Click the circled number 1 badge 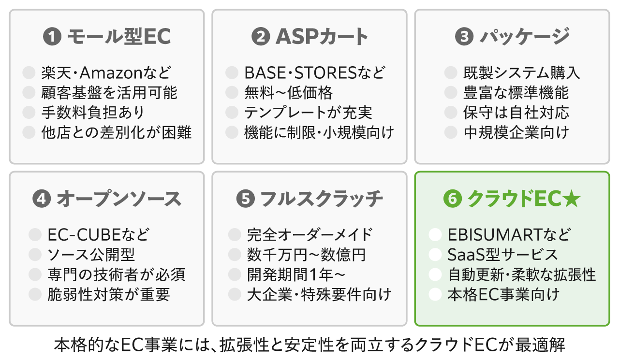(52, 36)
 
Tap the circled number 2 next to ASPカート (261, 36)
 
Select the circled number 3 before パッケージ (464, 36)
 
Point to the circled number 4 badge (42, 199)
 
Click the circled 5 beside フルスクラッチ (245, 199)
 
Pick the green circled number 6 (452, 199)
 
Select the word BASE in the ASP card (265, 72)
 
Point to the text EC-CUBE (84, 235)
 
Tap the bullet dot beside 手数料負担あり (29, 113)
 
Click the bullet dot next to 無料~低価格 (232, 92)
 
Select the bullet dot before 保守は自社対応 (451, 113)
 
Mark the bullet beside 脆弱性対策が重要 (35, 294)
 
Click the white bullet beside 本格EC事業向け (435, 294)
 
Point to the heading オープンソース (119, 199)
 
